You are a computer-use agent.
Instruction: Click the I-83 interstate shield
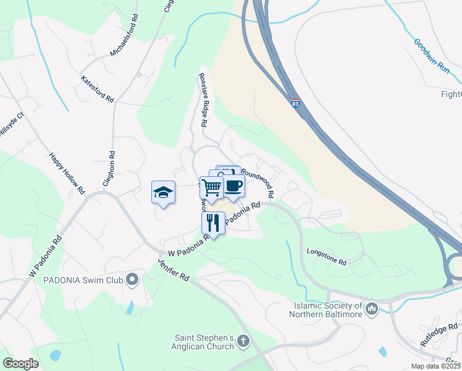pyautogui.click(x=296, y=103)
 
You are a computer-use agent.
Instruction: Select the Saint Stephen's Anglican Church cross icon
pyautogui.click(x=243, y=340)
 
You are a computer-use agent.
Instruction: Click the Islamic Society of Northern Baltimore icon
pyautogui.click(x=371, y=308)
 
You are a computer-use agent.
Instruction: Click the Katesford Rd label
pyautogui.click(x=98, y=89)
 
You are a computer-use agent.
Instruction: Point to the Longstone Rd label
pyautogui.click(x=327, y=256)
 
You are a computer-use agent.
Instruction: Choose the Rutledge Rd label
pyautogui.click(x=440, y=334)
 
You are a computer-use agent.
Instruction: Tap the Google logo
pyautogui.click(x=20, y=363)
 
